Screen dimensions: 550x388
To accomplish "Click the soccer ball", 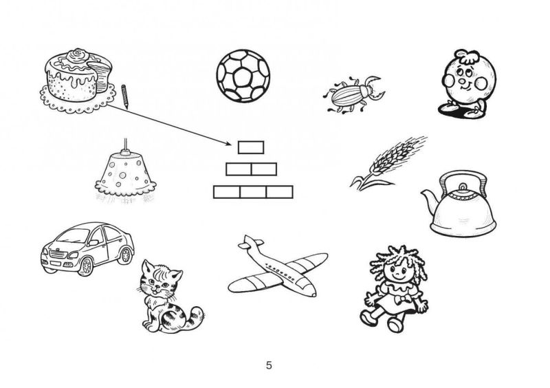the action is tap(243, 76).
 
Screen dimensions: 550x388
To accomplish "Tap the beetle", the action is tap(353, 94).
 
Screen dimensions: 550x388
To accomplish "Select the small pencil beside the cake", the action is tap(125, 96).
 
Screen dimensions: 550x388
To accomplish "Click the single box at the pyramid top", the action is tap(251, 147).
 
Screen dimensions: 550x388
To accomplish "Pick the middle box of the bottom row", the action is tap(253, 192).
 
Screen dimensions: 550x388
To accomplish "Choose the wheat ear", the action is tap(388, 162).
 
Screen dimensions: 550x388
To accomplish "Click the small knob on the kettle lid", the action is tap(463, 186).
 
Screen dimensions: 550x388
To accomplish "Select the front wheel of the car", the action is tap(85, 266).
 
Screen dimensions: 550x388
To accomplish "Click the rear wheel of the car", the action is tap(125, 255).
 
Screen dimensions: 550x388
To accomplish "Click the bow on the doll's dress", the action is tap(398, 300).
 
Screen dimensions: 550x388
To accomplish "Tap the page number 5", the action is tap(269, 365).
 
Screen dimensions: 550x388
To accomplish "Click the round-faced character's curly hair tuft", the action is tap(467, 56).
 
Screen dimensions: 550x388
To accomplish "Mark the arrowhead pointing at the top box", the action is tap(228, 143).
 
